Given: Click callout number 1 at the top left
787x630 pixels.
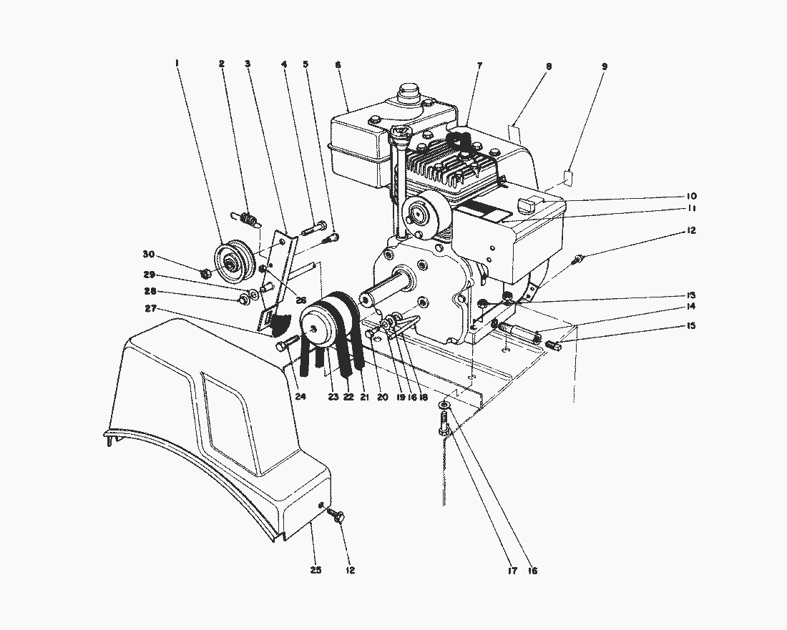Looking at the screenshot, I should point(176,64).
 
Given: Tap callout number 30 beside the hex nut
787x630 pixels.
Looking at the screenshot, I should point(148,255).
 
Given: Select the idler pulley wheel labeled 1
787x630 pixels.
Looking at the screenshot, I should point(234,261).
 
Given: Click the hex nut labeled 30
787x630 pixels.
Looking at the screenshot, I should point(205,272).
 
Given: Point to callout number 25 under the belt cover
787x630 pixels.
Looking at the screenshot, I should point(316,570).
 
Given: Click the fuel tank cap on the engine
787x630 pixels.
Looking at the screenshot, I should point(409,92).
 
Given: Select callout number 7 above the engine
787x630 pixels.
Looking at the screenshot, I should point(479,66).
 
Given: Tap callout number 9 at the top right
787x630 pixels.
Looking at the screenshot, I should point(605,66).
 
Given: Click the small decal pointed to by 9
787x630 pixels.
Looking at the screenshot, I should point(570,175).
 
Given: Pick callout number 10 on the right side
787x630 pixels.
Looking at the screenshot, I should point(691,196).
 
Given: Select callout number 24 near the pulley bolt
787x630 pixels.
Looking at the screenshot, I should point(300,396).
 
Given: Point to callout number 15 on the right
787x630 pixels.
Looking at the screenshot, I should point(691,325).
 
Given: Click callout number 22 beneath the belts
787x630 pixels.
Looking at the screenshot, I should point(348,397).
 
